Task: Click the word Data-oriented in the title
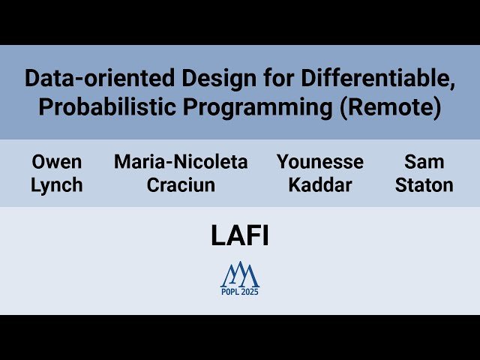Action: pyautogui.click(x=100, y=78)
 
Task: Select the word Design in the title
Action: pyautogui.click(x=219, y=79)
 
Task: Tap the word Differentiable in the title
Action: pyautogui.click(x=375, y=78)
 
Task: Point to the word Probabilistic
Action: pyautogui.click(x=107, y=106)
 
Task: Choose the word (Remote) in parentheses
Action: pyautogui.click(x=391, y=108)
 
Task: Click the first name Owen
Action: pyautogui.click(x=57, y=162)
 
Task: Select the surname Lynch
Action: pyautogui.click(x=57, y=185)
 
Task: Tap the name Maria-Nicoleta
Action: pyautogui.click(x=181, y=162)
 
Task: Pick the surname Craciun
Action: pyautogui.click(x=181, y=185)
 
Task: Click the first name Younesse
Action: pyautogui.click(x=320, y=162)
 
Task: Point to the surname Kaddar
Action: pyautogui.click(x=320, y=185)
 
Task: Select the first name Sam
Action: pyautogui.click(x=424, y=162)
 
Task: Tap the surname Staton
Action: pyautogui.click(x=424, y=185)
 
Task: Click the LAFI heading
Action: pyautogui.click(x=240, y=235)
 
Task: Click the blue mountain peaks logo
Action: pyautogui.click(x=240, y=274)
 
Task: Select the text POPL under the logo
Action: pyautogui.click(x=230, y=292)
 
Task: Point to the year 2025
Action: pyautogui.click(x=250, y=292)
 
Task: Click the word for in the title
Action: pyautogui.click(x=278, y=79)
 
